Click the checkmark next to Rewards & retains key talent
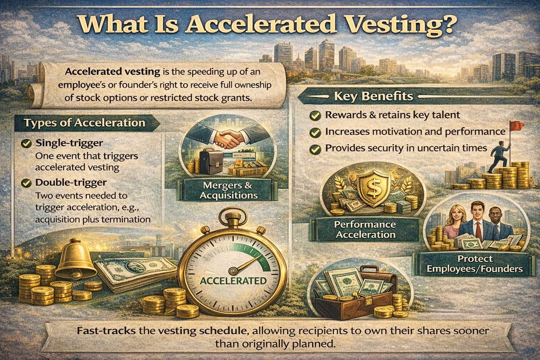[315, 115]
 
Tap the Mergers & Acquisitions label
[229, 190]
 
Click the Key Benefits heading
[373, 96]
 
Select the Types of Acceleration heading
[84, 123]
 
